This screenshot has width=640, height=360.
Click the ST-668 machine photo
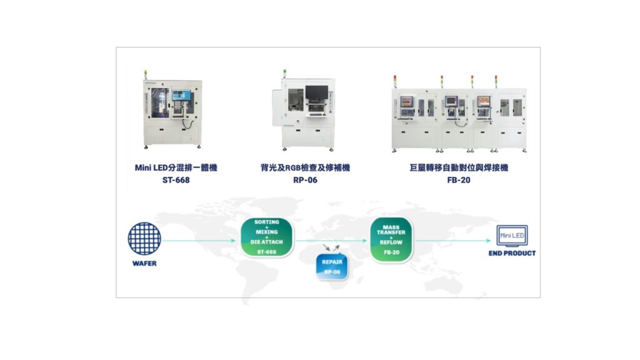172,111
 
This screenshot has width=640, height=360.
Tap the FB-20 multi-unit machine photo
459,114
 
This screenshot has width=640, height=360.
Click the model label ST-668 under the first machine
176,180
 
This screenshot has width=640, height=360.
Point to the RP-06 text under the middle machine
305,180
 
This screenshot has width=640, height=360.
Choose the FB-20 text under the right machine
459,180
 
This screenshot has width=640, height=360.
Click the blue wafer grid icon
144,239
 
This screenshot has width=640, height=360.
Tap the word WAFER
144,264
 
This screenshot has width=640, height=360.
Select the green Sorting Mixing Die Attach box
267,237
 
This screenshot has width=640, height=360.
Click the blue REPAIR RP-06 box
332,267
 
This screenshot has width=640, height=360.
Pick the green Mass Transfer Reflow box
391,239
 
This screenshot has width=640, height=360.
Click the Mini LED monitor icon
512,236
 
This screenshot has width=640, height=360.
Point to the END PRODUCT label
512,254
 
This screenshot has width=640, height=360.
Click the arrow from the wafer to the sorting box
199,241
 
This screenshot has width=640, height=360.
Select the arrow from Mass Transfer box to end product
452,241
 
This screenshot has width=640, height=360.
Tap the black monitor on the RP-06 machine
317,92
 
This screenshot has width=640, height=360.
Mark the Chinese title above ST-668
176,167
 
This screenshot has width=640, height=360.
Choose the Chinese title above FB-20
459,167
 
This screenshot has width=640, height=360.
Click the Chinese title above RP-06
305,167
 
